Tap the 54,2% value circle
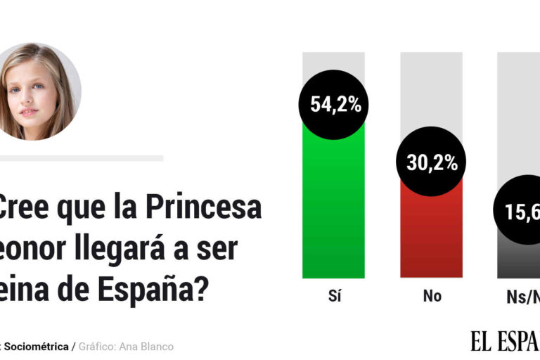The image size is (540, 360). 335,105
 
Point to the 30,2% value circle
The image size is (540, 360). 432,162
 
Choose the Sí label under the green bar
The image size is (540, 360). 334,296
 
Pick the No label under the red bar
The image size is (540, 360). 432,296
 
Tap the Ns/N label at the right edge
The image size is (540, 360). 523,296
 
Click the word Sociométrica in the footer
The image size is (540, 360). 37,347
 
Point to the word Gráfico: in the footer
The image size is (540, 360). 98,347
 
